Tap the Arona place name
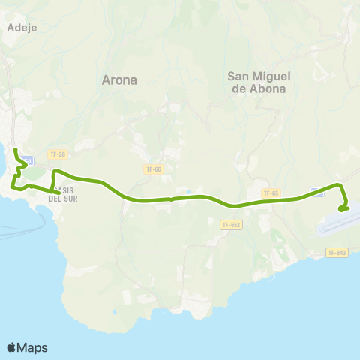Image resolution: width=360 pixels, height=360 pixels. click(119, 79)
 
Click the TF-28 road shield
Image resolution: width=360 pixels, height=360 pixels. click(56, 154)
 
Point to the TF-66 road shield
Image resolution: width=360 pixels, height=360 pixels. click(153, 169)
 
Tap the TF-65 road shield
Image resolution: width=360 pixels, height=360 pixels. click(271, 193)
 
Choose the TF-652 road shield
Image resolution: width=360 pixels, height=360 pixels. click(231, 224)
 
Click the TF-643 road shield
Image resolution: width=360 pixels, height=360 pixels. click(337, 253)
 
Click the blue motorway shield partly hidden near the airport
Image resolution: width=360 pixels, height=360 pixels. click(316, 192)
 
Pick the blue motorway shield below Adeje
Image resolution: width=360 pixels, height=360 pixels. click(28, 161)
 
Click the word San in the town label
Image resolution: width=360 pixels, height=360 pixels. click(238, 74)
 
